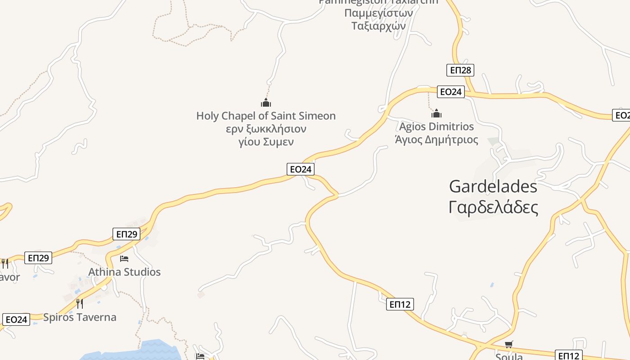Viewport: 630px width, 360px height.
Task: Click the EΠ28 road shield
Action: (460, 70)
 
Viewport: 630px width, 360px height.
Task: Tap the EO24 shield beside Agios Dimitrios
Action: (450, 92)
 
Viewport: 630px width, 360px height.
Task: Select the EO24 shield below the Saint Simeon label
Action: (300, 169)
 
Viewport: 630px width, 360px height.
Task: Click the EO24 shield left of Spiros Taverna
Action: (16, 319)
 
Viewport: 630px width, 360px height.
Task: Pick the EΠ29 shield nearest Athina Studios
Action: (126, 234)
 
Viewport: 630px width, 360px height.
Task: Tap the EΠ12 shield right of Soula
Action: (569, 355)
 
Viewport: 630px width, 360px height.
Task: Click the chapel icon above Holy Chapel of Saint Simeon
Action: (266, 103)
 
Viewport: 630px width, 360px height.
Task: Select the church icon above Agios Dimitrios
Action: (436, 113)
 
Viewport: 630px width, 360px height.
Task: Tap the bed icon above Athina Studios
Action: (124, 259)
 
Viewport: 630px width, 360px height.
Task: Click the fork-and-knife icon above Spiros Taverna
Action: (79, 304)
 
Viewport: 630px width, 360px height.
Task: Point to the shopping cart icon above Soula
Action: (508, 345)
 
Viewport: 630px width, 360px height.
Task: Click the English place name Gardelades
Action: (493, 186)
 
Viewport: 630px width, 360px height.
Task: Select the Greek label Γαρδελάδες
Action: (493, 207)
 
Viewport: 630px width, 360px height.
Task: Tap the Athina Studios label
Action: (124, 272)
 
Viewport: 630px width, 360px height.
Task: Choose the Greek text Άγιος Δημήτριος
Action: (436, 139)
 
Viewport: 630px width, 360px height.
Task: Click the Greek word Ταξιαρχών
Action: (378, 26)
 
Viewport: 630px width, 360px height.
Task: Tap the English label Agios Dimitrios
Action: (436, 126)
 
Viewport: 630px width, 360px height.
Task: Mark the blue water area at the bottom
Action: (148, 351)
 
